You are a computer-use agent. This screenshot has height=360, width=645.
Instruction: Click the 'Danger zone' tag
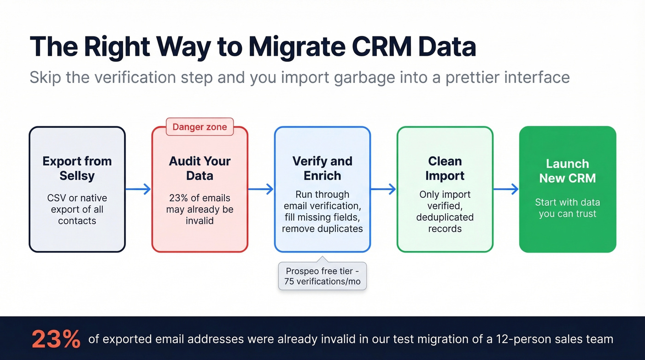tap(199, 127)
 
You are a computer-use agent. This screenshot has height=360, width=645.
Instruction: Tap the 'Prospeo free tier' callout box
tap(322, 276)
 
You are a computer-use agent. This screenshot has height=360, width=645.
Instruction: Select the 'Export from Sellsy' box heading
tap(77, 168)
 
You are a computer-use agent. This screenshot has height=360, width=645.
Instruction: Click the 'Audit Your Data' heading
tap(199, 168)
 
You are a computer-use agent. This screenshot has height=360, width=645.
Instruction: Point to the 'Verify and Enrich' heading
tap(322, 168)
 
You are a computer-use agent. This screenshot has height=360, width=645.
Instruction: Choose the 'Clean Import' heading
tap(445, 168)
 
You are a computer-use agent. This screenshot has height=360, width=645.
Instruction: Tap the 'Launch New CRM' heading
tap(567, 171)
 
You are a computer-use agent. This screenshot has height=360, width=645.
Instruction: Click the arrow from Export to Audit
tap(138, 189)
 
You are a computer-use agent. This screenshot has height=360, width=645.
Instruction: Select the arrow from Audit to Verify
tap(261, 189)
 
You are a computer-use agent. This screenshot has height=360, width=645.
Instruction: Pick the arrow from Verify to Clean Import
tap(383, 189)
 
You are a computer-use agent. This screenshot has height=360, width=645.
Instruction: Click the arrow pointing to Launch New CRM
tap(506, 189)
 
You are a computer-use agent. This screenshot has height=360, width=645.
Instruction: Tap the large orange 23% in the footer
tap(56, 340)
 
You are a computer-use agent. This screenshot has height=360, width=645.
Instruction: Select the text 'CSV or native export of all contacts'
tap(77, 209)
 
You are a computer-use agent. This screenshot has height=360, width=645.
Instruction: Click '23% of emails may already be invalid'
tap(199, 209)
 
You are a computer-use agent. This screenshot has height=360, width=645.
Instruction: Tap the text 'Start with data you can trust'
tap(567, 208)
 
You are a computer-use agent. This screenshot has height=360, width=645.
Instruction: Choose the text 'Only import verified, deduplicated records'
tap(445, 212)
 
